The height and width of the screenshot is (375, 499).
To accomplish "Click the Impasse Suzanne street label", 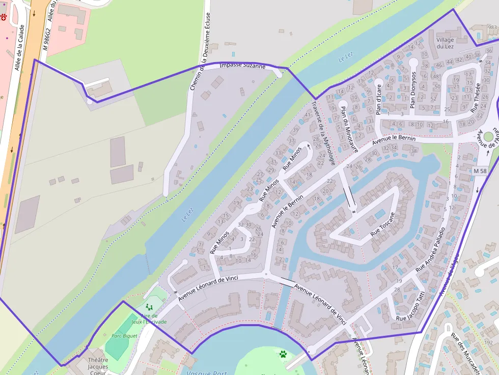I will coord(242,66).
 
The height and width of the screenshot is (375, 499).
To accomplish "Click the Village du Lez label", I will coord(445,43).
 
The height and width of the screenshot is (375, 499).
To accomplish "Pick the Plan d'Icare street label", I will coord(379,99).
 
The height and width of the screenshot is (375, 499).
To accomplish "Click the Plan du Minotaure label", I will coord(349,129).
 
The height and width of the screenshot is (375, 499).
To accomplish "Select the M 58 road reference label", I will coord(479,170).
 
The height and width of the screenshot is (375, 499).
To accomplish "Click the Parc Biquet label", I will coord(125,336).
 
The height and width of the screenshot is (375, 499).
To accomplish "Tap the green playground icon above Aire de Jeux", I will coord(149,307).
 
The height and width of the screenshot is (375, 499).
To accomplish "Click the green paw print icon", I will coord(283,353).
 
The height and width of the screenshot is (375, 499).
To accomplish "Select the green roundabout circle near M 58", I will coord(489,137).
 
